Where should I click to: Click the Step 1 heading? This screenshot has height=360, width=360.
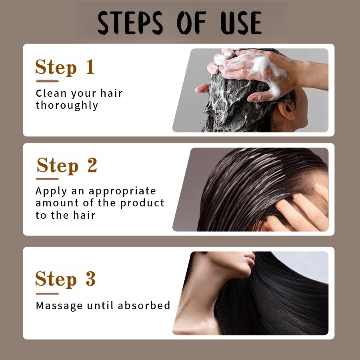coord(65,67)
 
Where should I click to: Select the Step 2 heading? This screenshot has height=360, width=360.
coord(66,165)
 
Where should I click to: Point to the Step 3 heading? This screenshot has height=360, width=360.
coord(65,279)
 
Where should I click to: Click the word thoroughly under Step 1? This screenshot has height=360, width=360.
coord(67,106)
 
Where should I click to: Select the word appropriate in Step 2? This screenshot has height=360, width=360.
coord(122,191)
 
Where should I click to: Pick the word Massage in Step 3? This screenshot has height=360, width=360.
coord(60,306)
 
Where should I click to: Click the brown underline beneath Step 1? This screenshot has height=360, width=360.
coord(47,81)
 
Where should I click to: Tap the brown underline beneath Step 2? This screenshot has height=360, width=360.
coord(47,179)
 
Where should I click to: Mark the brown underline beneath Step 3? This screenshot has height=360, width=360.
coord(47,294)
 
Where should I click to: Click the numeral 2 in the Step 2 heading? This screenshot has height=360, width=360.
coord(92,165)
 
